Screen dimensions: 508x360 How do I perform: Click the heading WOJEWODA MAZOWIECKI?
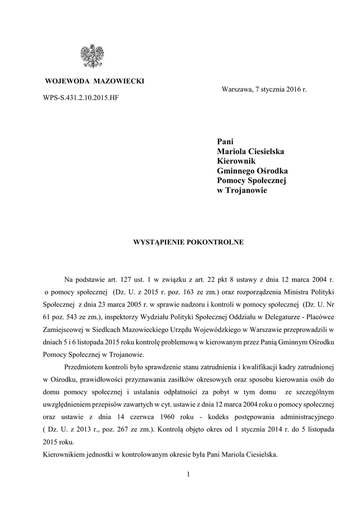(95, 81)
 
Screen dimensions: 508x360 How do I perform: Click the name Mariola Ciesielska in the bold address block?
(251, 151)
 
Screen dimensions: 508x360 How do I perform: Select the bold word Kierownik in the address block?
(236, 161)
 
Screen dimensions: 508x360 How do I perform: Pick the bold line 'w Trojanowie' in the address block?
(242, 191)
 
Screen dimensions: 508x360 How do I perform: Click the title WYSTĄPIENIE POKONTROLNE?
(187, 243)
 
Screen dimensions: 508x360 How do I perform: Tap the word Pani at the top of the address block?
(225, 141)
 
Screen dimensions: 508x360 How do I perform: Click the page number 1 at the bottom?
(189, 475)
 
